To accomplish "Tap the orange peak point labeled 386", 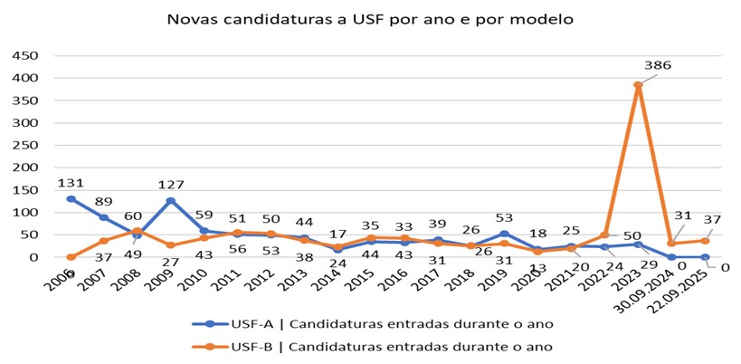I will pos(638,85).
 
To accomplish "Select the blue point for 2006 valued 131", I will pos(71,198).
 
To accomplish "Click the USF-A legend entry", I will pos(371,323).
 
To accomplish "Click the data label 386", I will pos(657,65).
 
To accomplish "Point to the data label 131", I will pos(71,182).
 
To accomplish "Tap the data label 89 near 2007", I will pos(104,201).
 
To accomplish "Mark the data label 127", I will pos(169,185).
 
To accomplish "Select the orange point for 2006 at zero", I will pos(71,257).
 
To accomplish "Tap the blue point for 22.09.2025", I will pos(704,257).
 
